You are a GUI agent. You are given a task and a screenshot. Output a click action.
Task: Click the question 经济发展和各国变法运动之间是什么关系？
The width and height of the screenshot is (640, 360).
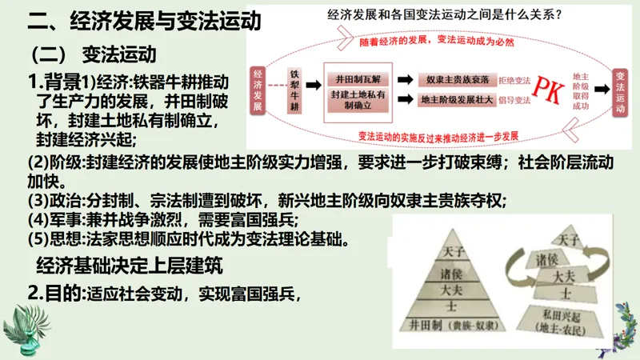click(443, 14)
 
